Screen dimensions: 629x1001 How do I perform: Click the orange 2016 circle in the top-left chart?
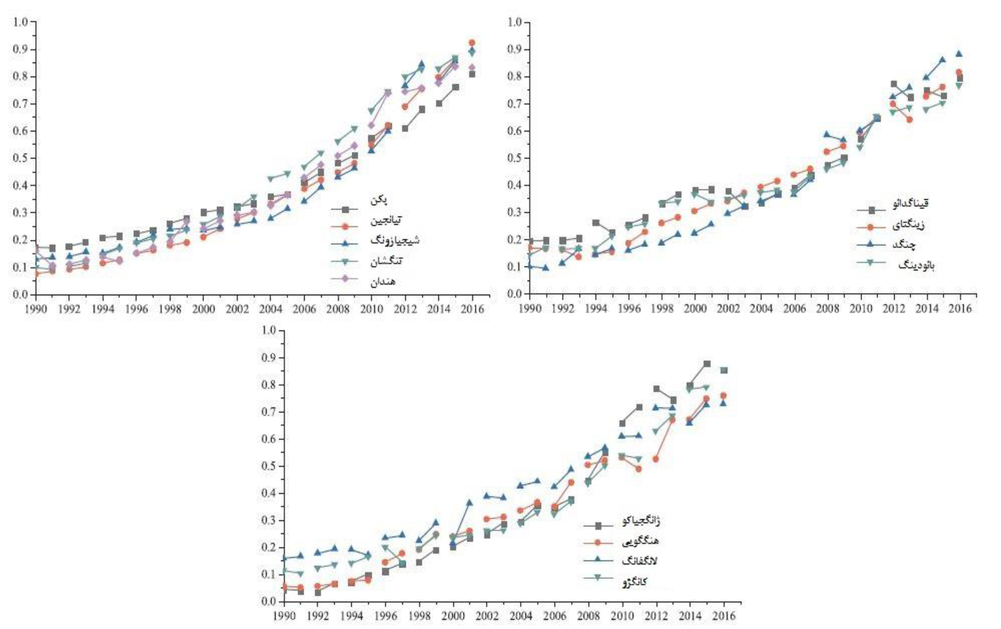tap(472, 43)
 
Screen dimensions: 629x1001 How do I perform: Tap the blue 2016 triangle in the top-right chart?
tap(959, 54)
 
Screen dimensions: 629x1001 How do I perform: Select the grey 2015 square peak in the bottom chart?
tap(707, 364)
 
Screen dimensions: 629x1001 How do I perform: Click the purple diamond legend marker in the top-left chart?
tap(345, 279)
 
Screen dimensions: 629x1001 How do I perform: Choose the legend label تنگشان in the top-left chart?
tap(386, 261)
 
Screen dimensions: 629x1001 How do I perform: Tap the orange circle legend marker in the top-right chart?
tap(870, 227)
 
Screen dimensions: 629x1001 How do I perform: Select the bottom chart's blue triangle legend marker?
tap(597, 560)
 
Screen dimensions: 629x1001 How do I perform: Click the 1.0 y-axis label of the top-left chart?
tap(21, 22)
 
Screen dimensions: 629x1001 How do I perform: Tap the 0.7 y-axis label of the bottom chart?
tap(271, 412)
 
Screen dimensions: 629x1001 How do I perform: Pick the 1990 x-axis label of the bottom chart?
tap(284, 616)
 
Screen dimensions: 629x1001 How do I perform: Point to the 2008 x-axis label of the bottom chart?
tap(588, 616)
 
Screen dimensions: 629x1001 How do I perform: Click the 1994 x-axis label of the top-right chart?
tap(596, 308)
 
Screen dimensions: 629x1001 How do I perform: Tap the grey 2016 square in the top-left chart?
tap(472, 74)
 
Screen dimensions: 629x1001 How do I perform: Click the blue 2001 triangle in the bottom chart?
tap(469, 503)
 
